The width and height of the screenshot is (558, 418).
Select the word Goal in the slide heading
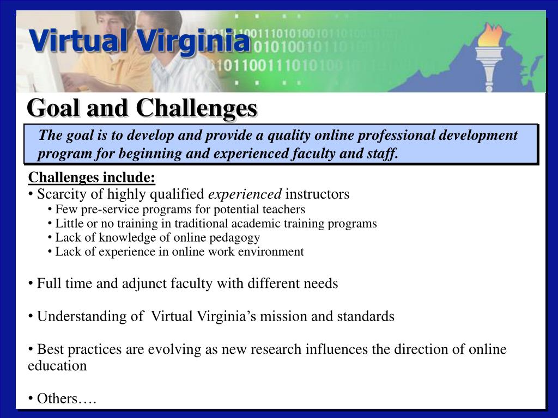tap(51, 108)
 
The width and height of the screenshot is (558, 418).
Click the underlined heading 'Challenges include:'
tap(92, 177)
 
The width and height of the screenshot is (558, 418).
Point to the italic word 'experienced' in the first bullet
tap(245, 194)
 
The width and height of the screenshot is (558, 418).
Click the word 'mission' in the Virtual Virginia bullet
tap(283, 316)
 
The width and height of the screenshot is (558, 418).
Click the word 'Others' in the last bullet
tap(57, 399)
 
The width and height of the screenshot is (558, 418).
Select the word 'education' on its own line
tap(57, 366)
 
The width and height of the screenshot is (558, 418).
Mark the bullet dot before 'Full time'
tap(31, 284)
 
